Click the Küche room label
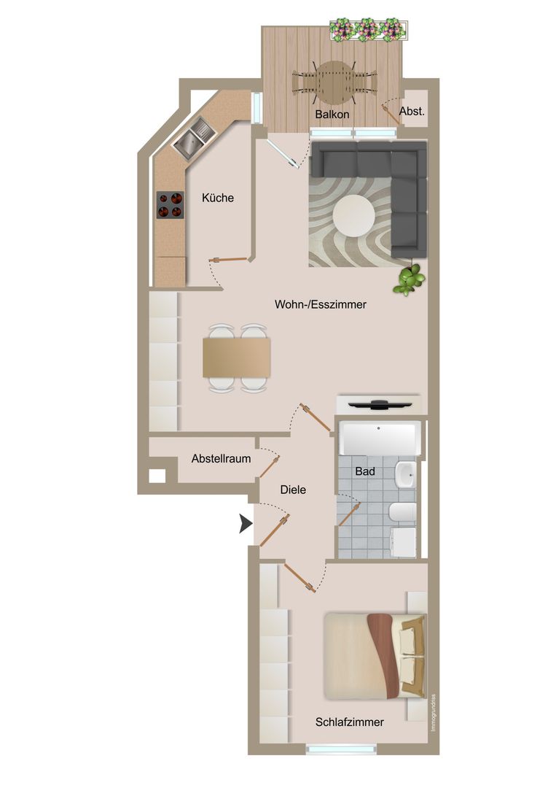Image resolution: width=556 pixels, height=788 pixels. [x=218, y=198]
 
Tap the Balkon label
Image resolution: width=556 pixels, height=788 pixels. [x=332, y=115]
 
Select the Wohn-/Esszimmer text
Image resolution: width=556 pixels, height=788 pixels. [x=321, y=304]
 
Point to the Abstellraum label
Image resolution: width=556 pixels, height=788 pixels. [x=221, y=459]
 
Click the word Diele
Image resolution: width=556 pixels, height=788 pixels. [x=293, y=490]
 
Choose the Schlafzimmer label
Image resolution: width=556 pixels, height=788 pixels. [x=350, y=722]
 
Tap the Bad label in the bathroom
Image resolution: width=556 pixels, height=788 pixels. [x=365, y=471]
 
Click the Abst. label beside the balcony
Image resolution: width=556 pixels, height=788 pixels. [x=412, y=111]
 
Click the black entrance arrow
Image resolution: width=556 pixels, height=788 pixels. [x=246, y=524]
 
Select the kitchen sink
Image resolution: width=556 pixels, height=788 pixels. [x=195, y=138]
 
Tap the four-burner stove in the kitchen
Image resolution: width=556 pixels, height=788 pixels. [x=170, y=205]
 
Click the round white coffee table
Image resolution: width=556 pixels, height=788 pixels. [x=353, y=215]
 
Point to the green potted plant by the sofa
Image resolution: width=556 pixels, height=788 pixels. [x=410, y=280]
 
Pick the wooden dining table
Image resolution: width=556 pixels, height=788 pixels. [x=236, y=358]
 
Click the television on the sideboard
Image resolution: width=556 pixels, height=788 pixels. [x=380, y=404]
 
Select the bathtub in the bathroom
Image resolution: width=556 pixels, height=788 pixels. [x=379, y=439]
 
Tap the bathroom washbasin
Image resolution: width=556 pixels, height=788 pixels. [x=404, y=474]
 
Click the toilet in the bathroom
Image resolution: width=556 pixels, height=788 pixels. [x=402, y=513]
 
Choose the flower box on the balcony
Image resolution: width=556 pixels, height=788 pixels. [x=368, y=30]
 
